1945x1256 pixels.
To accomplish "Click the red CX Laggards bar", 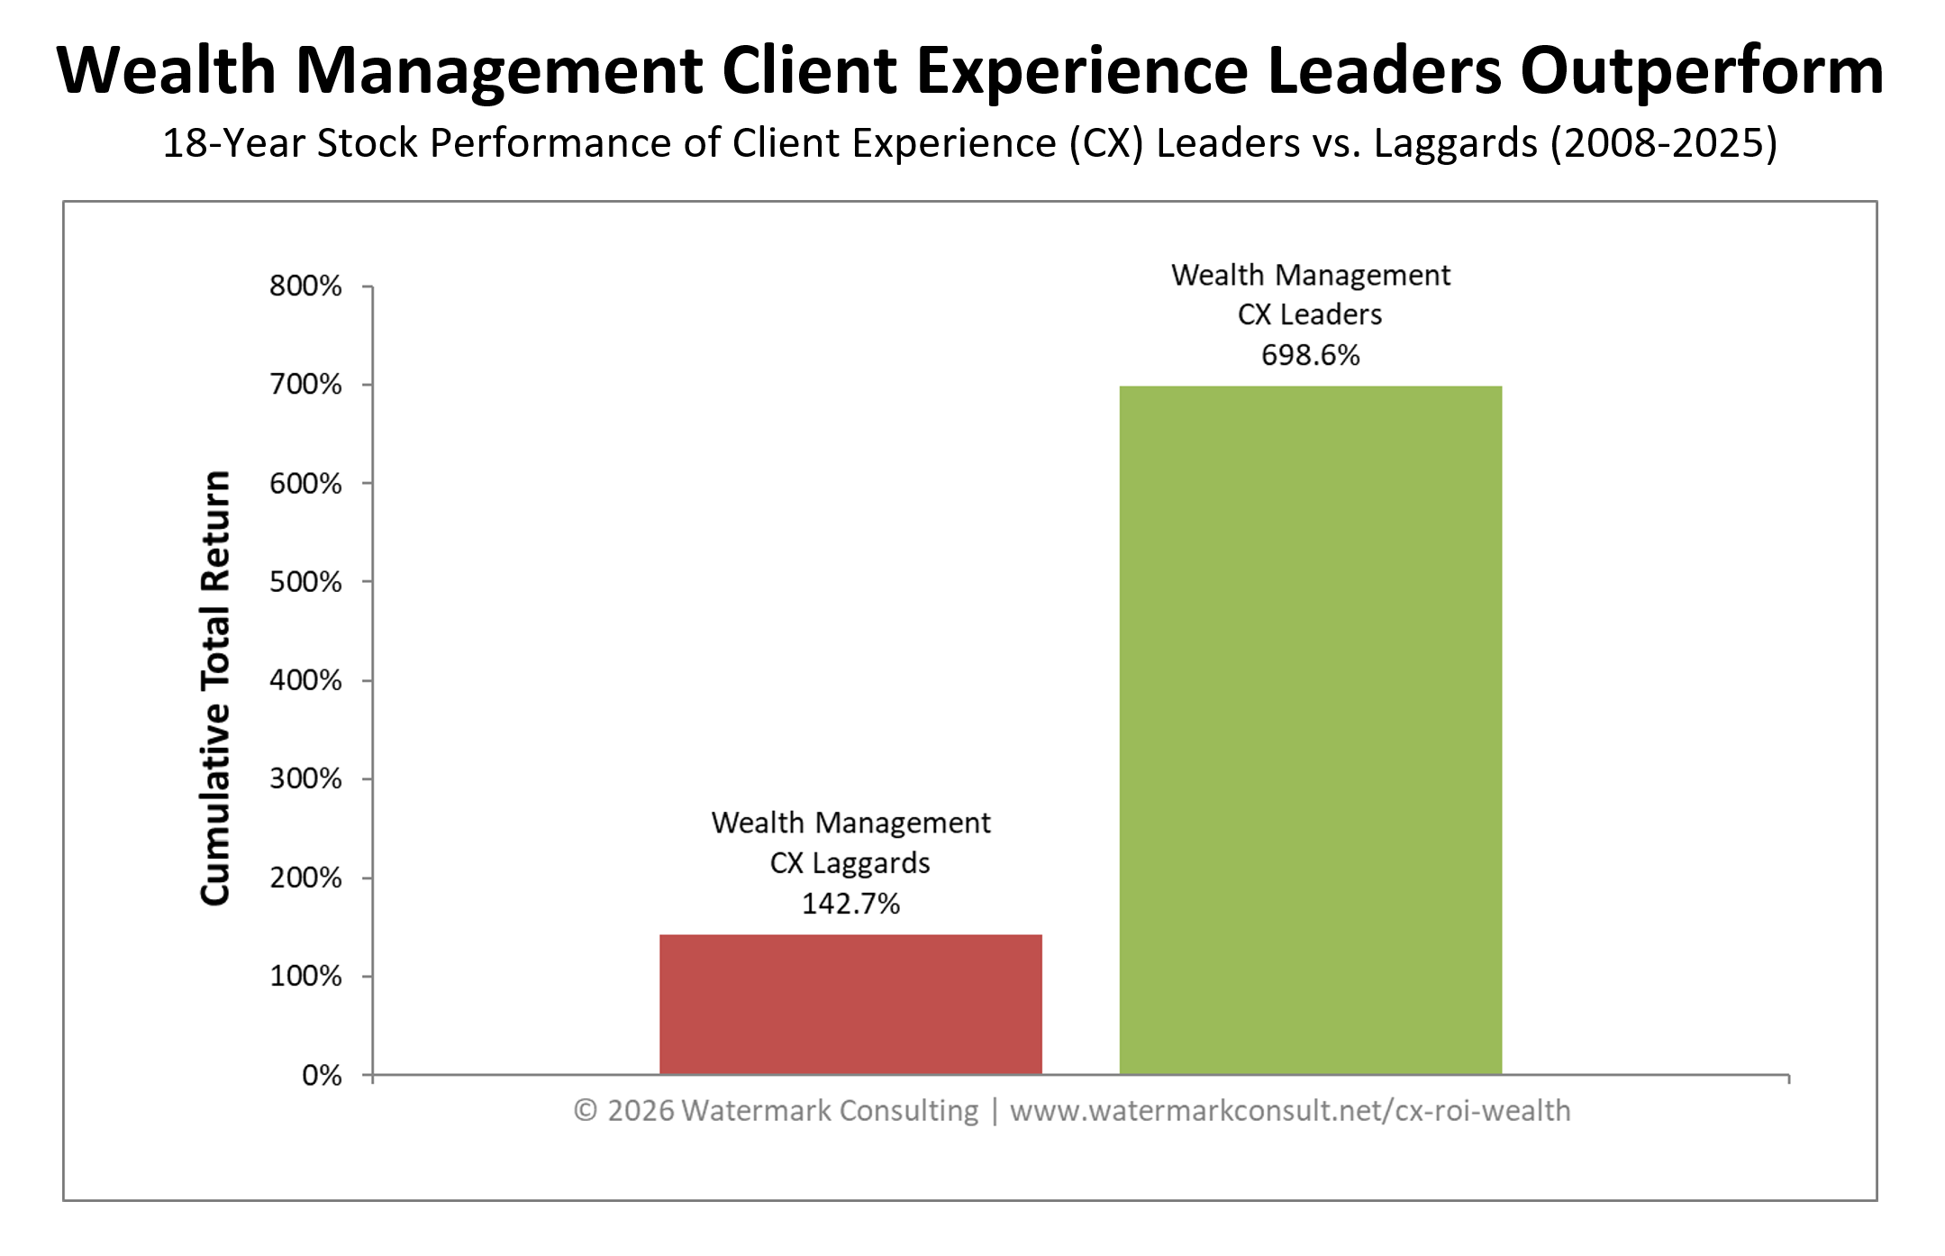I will tap(850, 1004).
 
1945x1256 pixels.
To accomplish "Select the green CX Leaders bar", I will tap(1310, 730).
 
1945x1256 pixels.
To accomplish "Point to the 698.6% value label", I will tap(1310, 355).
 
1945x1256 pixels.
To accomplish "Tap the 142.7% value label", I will tap(850, 904).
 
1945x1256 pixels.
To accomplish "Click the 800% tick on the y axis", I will tap(305, 287).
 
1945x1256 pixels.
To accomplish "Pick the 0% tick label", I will tap(322, 1075).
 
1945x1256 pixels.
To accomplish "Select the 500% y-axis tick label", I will tap(305, 582).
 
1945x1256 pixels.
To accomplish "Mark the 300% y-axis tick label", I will tap(305, 778).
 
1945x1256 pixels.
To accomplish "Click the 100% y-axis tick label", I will tap(305, 976).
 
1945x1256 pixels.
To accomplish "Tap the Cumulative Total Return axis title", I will tap(215, 687).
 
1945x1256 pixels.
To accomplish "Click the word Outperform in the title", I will tap(1702, 70).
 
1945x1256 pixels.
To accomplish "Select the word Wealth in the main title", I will tap(167, 70).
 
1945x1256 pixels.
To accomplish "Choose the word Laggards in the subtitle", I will tap(1455, 143).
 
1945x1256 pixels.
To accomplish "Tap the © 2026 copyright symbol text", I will tap(623, 1110).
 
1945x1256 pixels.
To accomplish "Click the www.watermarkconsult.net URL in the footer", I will tap(1289, 1110).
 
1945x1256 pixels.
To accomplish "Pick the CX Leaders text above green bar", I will tap(1310, 314).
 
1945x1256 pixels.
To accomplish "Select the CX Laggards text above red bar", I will tap(850, 863).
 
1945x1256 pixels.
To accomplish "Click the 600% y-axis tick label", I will tap(305, 484).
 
